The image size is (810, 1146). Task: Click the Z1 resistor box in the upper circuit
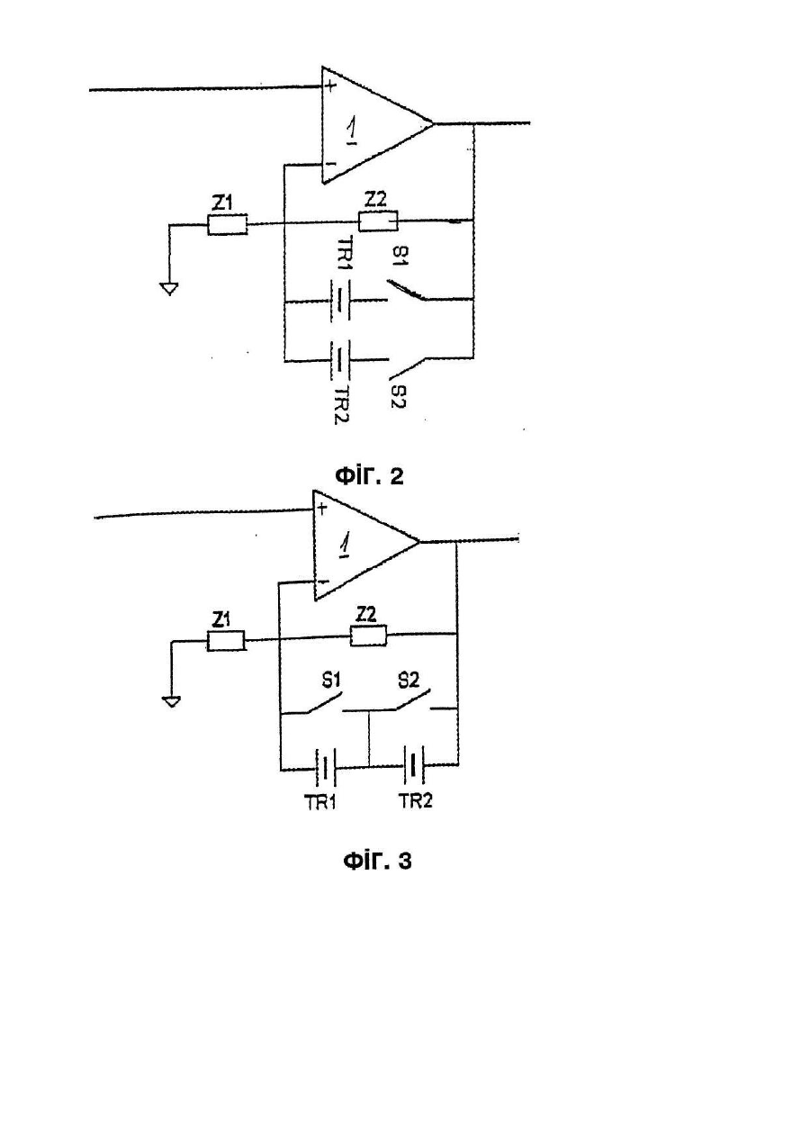click(x=227, y=224)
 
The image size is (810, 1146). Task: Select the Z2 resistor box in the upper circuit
click(x=378, y=221)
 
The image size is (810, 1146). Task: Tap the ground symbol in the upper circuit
click(x=169, y=289)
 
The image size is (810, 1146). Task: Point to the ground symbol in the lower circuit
click(x=172, y=701)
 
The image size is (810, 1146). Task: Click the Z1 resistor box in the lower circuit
click(x=226, y=641)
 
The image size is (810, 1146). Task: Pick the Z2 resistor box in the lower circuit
click(x=369, y=636)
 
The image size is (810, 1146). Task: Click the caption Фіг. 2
click(x=369, y=476)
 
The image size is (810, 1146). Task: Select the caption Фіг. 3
click(x=377, y=861)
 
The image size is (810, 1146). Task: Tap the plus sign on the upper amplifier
click(x=331, y=86)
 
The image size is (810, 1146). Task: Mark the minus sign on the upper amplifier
click(x=330, y=164)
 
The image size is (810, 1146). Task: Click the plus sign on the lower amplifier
click(x=321, y=508)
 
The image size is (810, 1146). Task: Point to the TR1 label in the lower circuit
click(x=320, y=803)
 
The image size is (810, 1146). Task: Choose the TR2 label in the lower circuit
click(x=415, y=800)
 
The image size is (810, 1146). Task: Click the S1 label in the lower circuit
click(x=331, y=680)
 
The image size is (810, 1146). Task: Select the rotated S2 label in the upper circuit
click(x=399, y=396)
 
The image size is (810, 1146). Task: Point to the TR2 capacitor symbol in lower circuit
click(x=413, y=765)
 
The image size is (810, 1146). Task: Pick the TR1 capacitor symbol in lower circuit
click(x=326, y=767)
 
